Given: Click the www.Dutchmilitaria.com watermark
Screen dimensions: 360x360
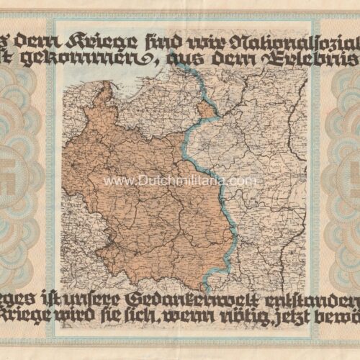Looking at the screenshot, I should tap(180, 181).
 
